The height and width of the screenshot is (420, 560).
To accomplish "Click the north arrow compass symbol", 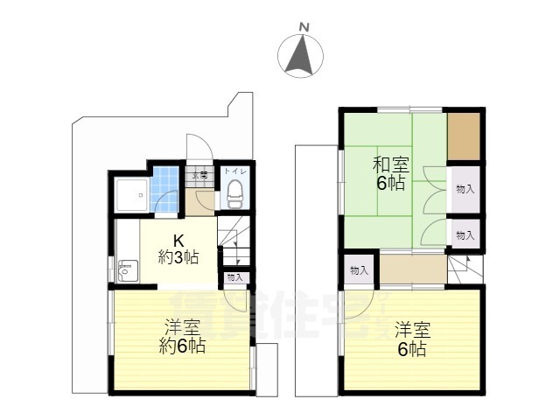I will tap(300, 56).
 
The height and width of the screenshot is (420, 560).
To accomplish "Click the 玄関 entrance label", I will tap(200, 176).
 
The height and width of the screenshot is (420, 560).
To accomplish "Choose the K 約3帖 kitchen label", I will tap(177, 249).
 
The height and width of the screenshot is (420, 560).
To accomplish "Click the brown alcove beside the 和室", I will tap(464, 136).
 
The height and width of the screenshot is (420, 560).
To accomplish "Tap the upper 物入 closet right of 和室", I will tap(465, 189).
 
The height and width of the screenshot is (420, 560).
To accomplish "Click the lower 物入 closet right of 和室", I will tap(465, 234).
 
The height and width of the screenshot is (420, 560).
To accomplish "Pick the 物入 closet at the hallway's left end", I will tap(358, 269).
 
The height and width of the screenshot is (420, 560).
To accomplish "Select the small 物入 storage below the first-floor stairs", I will tap(234, 277).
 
